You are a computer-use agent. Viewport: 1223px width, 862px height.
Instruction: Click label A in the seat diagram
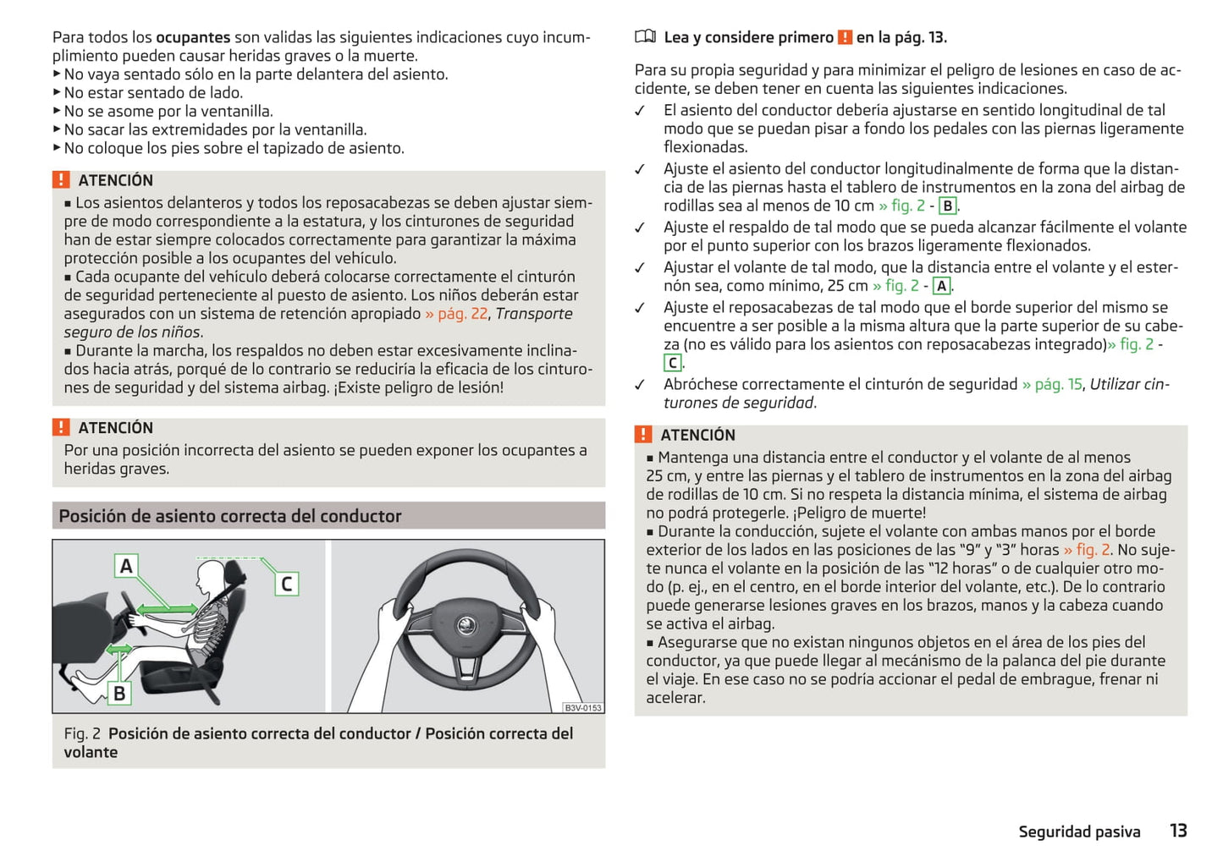point(126,565)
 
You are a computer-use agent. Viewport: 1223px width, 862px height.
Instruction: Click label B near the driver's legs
point(119,693)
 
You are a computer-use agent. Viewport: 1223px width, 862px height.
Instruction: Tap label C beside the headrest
point(286,584)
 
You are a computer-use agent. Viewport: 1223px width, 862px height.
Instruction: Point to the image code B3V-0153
point(583,707)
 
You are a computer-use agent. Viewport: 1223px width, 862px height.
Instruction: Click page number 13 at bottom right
point(1178,831)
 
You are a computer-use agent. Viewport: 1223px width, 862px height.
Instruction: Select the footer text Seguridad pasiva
point(1079,832)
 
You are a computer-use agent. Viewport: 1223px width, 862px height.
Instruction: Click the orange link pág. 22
point(456,314)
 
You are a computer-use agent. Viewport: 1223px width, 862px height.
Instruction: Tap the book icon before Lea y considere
point(645,36)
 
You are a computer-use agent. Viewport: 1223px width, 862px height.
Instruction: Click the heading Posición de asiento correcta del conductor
point(230,516)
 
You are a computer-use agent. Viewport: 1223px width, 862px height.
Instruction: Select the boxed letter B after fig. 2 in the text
point(947,206)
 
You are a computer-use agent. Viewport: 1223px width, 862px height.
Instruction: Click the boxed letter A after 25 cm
point(941,286)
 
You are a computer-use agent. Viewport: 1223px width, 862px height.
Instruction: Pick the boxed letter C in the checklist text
point(672,363)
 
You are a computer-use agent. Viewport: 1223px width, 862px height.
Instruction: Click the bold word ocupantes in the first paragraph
point(193,37)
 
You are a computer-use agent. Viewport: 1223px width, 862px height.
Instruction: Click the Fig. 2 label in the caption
point(82,733)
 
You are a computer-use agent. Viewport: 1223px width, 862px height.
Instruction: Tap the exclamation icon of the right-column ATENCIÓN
point(643,435)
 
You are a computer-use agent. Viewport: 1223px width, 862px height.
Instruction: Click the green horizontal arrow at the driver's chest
point(168,609)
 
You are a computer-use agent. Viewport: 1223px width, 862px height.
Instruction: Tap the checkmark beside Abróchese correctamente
point(641,385)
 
